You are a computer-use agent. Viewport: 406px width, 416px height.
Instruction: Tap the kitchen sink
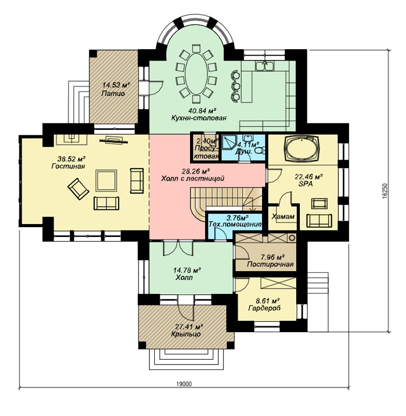pos(265,65)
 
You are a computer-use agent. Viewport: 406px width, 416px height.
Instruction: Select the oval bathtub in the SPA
pos(303,149)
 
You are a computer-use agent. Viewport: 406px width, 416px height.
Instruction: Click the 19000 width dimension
pos(184,384)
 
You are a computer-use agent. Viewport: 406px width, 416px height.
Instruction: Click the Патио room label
pos(113,94)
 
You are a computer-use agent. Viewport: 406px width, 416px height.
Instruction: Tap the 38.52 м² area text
pos(71,159)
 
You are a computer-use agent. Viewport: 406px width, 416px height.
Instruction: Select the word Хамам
pos(283,216)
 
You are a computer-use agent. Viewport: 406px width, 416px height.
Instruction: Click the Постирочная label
pos(270,264)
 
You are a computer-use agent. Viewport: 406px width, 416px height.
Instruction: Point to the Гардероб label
pos(265,308)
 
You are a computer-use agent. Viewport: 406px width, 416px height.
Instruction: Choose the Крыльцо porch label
pos(186,334)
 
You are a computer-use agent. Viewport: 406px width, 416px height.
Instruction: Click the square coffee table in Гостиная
pos(106,181)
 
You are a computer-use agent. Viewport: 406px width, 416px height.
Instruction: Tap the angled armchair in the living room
pos(78,189)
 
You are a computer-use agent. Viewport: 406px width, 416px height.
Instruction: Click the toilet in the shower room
pos(259,150)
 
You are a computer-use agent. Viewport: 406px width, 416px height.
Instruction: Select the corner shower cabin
pos(229,145)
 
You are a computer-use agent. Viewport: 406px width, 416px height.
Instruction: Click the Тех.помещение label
pos(235,224)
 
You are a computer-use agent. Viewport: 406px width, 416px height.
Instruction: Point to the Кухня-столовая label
pos(199,117)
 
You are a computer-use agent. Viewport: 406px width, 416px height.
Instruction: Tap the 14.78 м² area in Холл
pos(187,270)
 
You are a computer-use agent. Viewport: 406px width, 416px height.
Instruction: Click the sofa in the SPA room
pos(319,221)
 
